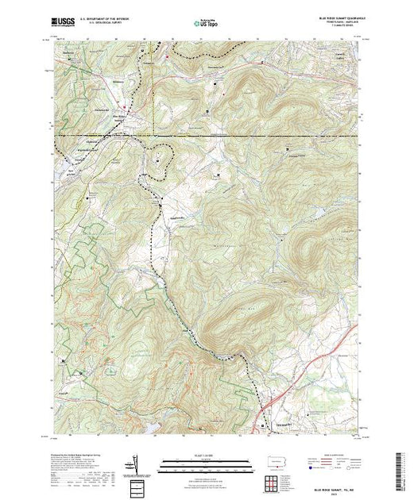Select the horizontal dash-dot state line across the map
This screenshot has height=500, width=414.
click(x=238, y=135)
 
